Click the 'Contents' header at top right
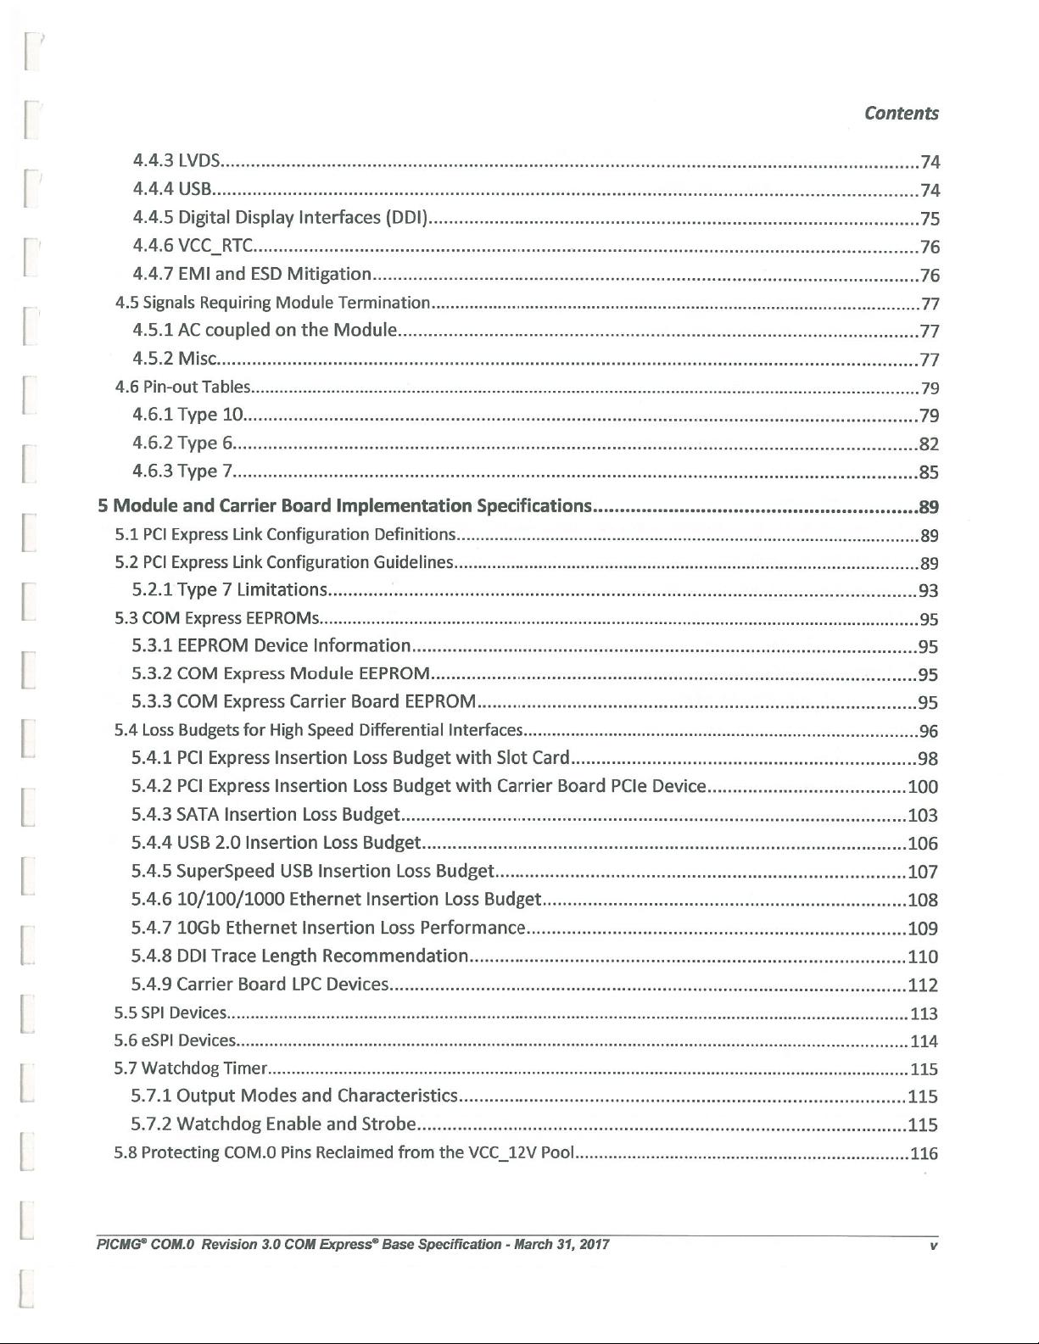pyautogui.click(x=901, y=114)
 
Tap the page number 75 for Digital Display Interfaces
pyautogui.click(x=930, y=219)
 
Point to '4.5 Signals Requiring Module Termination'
pyautogui.click(x=273, y=303)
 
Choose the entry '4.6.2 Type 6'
pyautogui.click(x=182, y=443)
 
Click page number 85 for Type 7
pyautogui.click(x=929, y=472)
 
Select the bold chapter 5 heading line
pyautogui.click(x=344, y=506)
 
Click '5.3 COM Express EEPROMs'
pyautogui.click(x=217, y=618)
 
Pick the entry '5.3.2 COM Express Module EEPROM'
pyautogui.click(x=281, y=674)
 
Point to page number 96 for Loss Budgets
pyautogui.click(x=929, y=731)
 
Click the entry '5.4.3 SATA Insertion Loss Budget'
pyautogui.click(x=265, y=815)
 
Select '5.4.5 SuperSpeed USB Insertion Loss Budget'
pyautogui.click(x=312, y=871)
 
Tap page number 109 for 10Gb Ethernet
pyautogui.click(x=923, y=929)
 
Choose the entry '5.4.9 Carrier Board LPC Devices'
pyautogui.click(x=260, y=984)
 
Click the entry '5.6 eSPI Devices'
pyautogui.click(x=175, y=1040)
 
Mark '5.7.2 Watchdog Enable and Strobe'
pyautogui.click(x=273, y=1124)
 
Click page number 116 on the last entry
pyautogui.click(x=924, y=1153)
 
